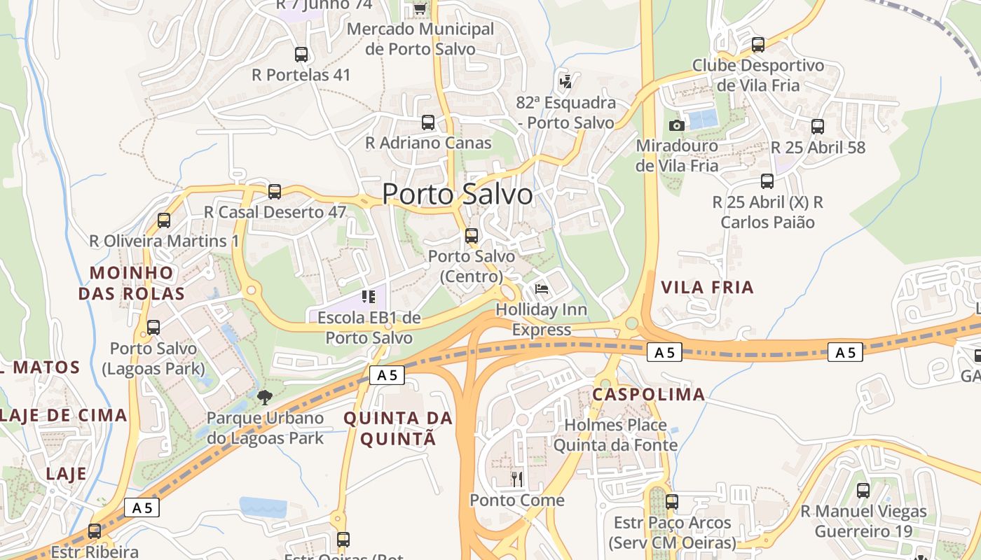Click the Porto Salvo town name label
click(457, 194)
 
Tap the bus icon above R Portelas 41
click(301, 54)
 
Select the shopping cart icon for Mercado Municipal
click(420, 8)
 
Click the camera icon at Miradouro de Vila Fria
click(676, 125)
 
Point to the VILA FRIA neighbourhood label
click(707, 287)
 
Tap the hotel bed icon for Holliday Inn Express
click(542, 288)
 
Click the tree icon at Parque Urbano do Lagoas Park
click(265, 398)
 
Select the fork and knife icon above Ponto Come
click(517, 479)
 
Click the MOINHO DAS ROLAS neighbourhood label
click(131, 283)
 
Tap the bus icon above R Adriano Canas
click(428, 122)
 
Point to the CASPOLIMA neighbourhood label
click(648, 394)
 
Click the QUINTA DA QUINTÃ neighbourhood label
click(398, 428)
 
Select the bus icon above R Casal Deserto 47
click(275, 191)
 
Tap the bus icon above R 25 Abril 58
click(818, 127)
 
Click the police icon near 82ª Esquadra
click(565, 81)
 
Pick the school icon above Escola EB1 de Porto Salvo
click(369, 297)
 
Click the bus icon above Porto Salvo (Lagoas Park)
click(153, 327)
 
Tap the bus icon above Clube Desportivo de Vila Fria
click(758, 45)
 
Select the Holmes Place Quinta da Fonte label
click(615, 435)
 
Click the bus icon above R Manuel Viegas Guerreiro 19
click(863, 491)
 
